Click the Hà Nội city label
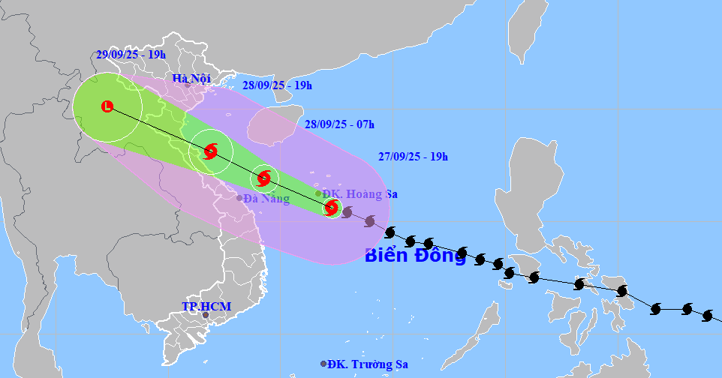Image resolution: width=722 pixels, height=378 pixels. click(x=191, y=78)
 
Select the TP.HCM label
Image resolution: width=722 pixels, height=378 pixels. click(x=206, y=306)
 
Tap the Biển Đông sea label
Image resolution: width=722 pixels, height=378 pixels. click(x=415, y=255)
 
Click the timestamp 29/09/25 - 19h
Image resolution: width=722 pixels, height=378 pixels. click(x=131, y=55)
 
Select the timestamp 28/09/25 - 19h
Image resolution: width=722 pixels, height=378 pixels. click(x=277, y=85)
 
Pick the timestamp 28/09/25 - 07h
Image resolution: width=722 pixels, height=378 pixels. click(x=339, y=124)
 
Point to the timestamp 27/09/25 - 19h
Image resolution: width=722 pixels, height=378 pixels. click(x=413, y=157)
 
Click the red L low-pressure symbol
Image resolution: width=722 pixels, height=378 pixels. click(x=107, y=107)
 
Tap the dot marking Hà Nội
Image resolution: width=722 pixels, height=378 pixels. click(x=188, y=85)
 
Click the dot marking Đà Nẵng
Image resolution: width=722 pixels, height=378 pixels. click(x=239, y=198)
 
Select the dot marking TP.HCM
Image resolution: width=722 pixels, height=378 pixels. click(x=206, y=316)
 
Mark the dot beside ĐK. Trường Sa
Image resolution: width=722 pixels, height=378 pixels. click(x=323, y=364)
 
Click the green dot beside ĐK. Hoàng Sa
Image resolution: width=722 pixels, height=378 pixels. click(x=318, y=193)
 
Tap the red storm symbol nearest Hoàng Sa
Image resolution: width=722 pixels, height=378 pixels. click(x=331, y=207)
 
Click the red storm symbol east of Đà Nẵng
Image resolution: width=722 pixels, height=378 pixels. click(x=263, y=178)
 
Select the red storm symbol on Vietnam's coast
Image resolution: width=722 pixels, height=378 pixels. click(x=210, y=151)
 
